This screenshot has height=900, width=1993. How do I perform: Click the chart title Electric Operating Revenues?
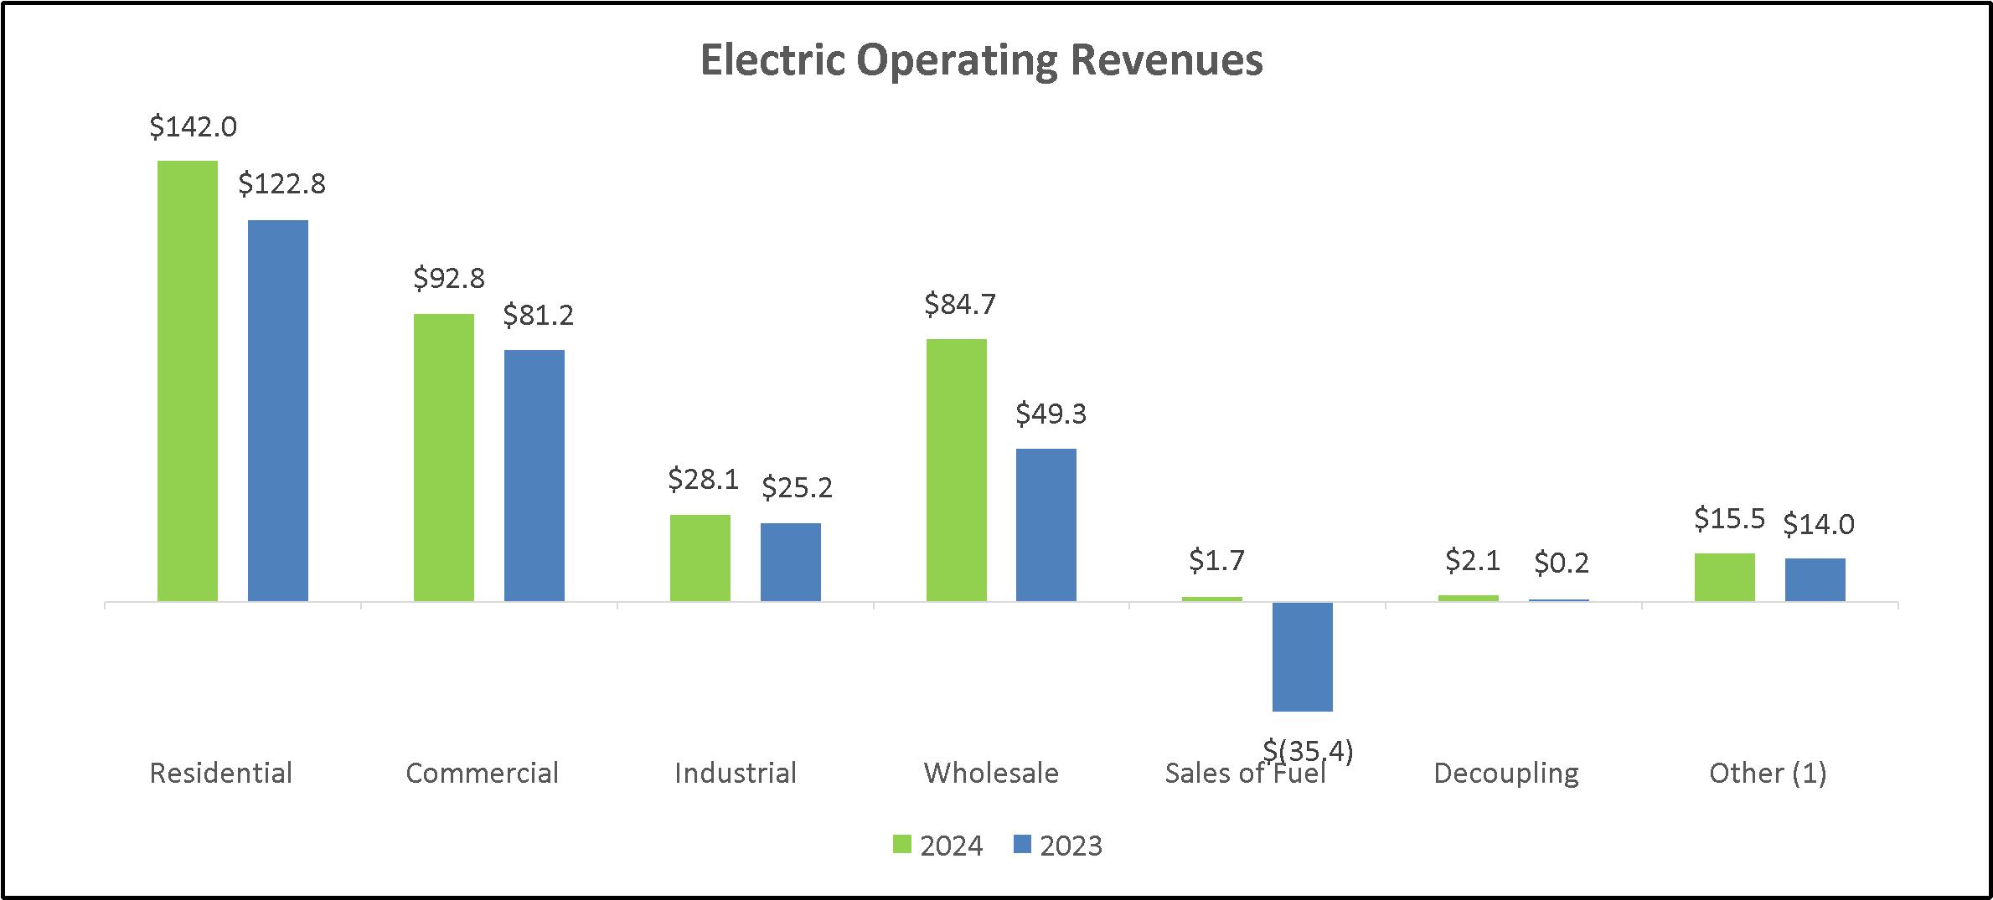coord(981,60)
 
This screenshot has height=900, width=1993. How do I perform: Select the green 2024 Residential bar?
coord(188,381)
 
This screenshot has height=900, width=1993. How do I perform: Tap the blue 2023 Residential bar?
coord(278,410)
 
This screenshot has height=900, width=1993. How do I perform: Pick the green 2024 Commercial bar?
coord(444,457)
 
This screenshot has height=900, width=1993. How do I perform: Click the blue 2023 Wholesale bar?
coord(1046,525)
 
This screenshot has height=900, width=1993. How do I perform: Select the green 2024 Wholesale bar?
coord(957,470)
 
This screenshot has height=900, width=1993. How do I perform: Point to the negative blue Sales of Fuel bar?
coord(1303,657)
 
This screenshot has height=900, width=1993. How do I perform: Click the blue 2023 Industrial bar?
coord(791,562)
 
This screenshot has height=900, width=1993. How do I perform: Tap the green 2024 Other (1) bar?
coord(1725,577)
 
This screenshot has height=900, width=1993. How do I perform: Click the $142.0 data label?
coord(194,127)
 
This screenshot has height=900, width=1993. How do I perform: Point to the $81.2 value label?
coord(539,316)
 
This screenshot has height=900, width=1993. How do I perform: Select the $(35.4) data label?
coord(1309,751)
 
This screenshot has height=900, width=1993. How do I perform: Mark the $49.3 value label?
coord(1051,414)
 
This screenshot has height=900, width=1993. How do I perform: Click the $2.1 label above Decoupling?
coord(1474,560)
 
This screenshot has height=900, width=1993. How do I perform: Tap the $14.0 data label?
coord(1819,525)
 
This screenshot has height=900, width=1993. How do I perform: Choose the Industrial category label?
coord(736,773)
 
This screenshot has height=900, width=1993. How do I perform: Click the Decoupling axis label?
coord(1506,774)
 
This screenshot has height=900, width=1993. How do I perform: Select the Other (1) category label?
coord(1768,773)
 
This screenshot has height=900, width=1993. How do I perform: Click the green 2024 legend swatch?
coord(901,845)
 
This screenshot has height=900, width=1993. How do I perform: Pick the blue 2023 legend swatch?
coord(1021,845)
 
